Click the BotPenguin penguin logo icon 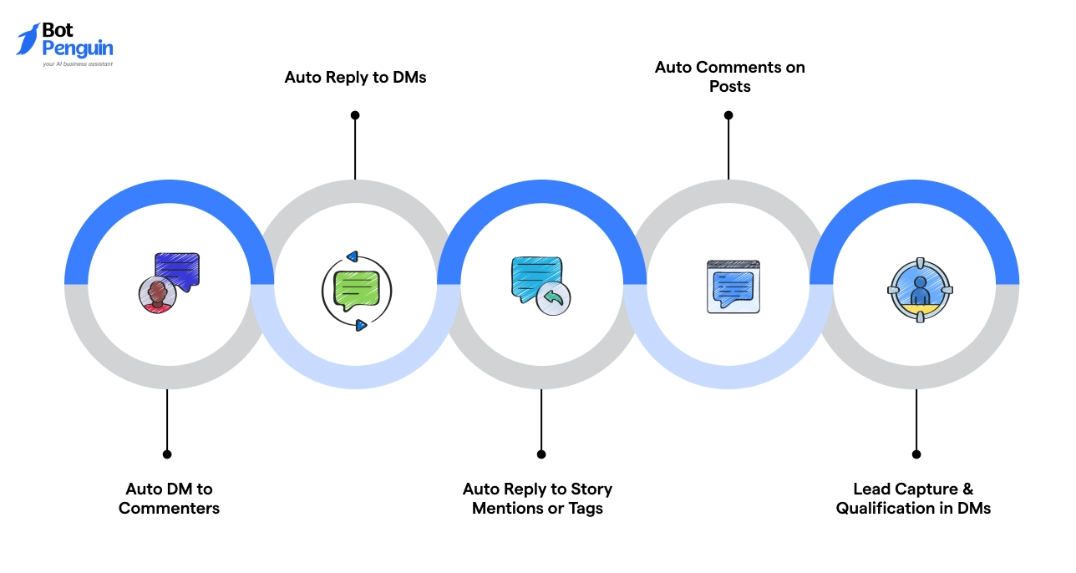click(28, 39)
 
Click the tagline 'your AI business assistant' click(78, 63)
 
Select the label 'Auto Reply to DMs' click(355, 77)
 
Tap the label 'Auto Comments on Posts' click(729, 76)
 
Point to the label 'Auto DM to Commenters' click(169, 498)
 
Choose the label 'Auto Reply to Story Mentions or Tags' click(537, 498)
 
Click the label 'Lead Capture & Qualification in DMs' click(913, 498)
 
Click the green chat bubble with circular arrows click(356, 291)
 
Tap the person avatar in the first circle click(157, 295)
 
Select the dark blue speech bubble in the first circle click(178, 269)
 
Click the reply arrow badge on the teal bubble click(553, 297)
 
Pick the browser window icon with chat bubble click(733, 286)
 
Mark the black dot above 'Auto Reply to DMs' click(355, 115)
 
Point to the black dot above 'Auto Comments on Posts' click(728, 115)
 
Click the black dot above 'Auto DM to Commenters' click(167, 454)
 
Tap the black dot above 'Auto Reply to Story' click(541, 454)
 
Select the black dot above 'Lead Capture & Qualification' click(916, 454)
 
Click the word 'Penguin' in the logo click(78, 48)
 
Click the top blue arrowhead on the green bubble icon click(352, 256)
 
